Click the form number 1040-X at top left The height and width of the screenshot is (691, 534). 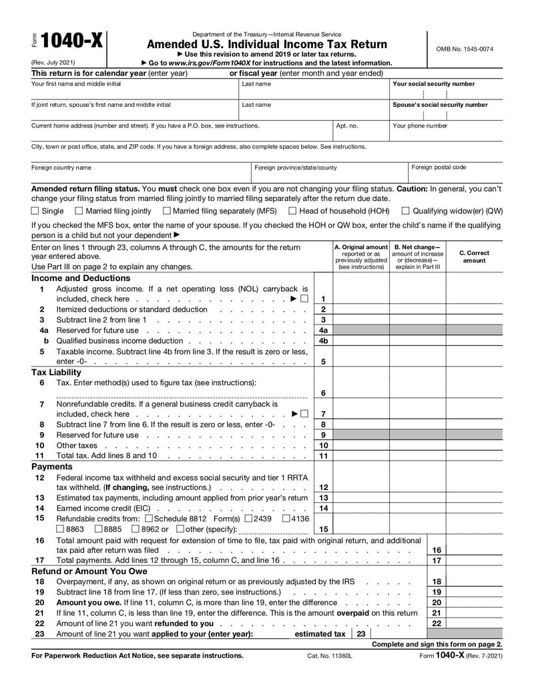[x=72, y=42]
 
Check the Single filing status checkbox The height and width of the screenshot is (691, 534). [x=35, y=211]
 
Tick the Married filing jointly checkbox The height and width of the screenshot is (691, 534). [x=79, y=211]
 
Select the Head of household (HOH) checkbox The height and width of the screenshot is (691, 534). [x=292, y=211]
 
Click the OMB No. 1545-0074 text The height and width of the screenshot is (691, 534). [x=465, y=49]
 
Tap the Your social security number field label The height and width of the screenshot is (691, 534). [x=434, y=84]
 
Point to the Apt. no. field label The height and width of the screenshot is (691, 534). [x=347, y=126]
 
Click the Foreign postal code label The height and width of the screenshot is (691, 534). [x=439, y=168]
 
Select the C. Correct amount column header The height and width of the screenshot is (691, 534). [x=474, y=256]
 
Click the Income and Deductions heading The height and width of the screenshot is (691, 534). [x=81, y=278]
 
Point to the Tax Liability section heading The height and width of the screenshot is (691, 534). [x=56, y=372]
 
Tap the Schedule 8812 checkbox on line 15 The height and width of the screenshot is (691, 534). [x=148, y=518]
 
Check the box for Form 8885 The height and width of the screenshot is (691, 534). [x=98, y=529]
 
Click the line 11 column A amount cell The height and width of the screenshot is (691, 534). [x=360, y=456]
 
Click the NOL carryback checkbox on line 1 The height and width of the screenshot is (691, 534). [x=304, y=298]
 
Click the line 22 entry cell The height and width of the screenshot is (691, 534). [x=474, y=624]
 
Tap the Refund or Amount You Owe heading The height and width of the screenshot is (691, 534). [x=89, y=571]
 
